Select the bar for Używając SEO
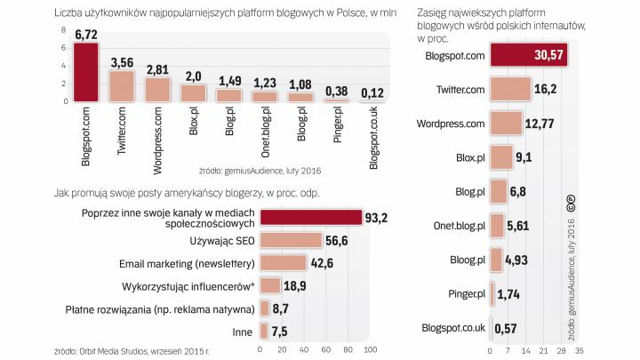[290, 240]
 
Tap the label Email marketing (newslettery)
[188, 264]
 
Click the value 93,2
[380, 217]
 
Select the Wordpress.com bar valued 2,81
[157, 90]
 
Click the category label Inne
[243, 332]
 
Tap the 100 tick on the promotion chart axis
[371, 348]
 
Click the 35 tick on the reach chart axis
[579, 348]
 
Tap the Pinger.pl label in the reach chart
[466, 293]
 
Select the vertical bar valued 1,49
[229, 95]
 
